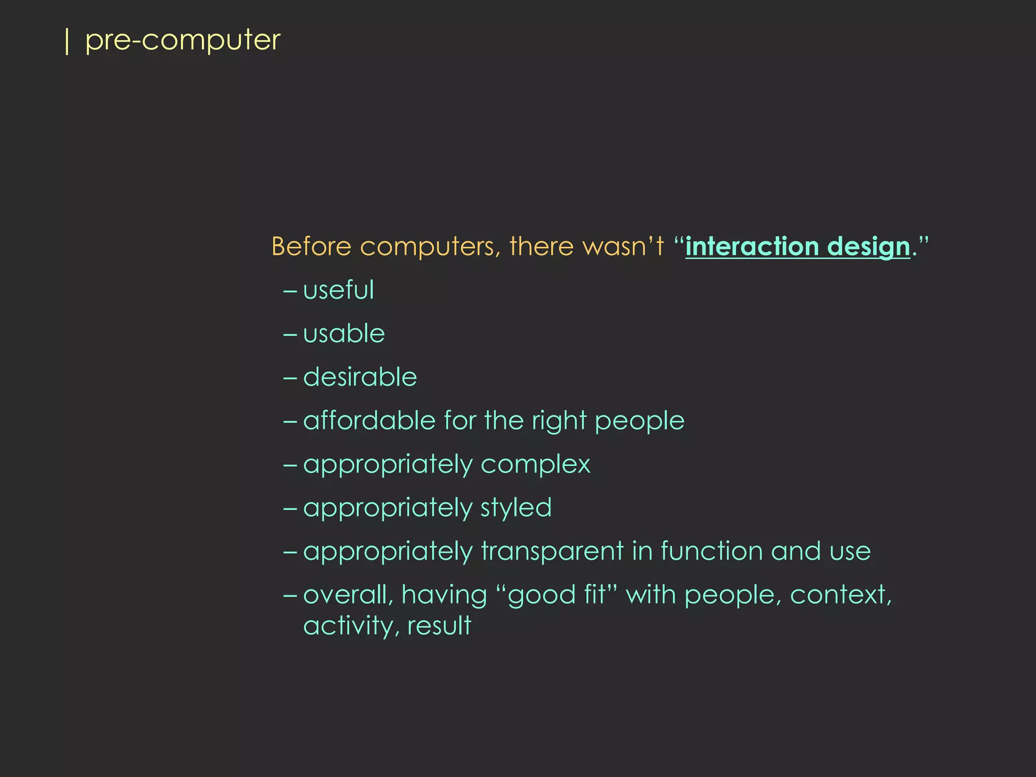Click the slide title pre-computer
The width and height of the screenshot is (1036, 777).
(182, 40)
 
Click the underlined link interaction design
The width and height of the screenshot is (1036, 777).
(797, 247)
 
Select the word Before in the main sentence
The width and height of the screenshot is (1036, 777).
(311, 247)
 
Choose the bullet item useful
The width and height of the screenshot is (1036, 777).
(338, 290)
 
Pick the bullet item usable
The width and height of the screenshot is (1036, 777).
(344, 334)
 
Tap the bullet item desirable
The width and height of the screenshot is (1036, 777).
(360, 377)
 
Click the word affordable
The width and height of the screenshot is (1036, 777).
(369, 421)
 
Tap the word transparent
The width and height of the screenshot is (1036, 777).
(552, 552)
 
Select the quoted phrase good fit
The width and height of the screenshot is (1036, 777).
(556, 595)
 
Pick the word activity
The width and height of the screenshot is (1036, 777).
(349, 626)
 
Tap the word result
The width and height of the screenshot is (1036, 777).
(439, 626)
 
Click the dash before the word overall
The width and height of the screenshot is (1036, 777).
(290, 595)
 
